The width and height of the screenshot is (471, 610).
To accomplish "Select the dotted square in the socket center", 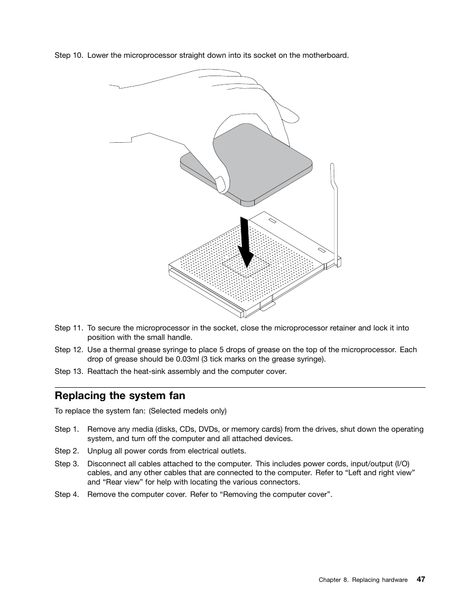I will coord(245,267).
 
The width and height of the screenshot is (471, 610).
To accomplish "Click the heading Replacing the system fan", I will coord(120,396).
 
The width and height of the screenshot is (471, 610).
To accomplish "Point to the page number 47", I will coord(421,579).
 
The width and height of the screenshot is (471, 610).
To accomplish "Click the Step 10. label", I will coord(69,55).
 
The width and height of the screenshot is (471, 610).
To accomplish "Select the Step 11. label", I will coord(69,328).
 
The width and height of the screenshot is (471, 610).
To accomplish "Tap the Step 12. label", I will coord(69,350).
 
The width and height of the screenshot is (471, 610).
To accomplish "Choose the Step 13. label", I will coord(69,371).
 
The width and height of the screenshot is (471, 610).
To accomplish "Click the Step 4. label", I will coord(67,494).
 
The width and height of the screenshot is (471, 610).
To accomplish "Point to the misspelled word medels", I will coord(195,411).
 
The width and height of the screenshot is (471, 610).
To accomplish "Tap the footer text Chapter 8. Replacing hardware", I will coord(363,580).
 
